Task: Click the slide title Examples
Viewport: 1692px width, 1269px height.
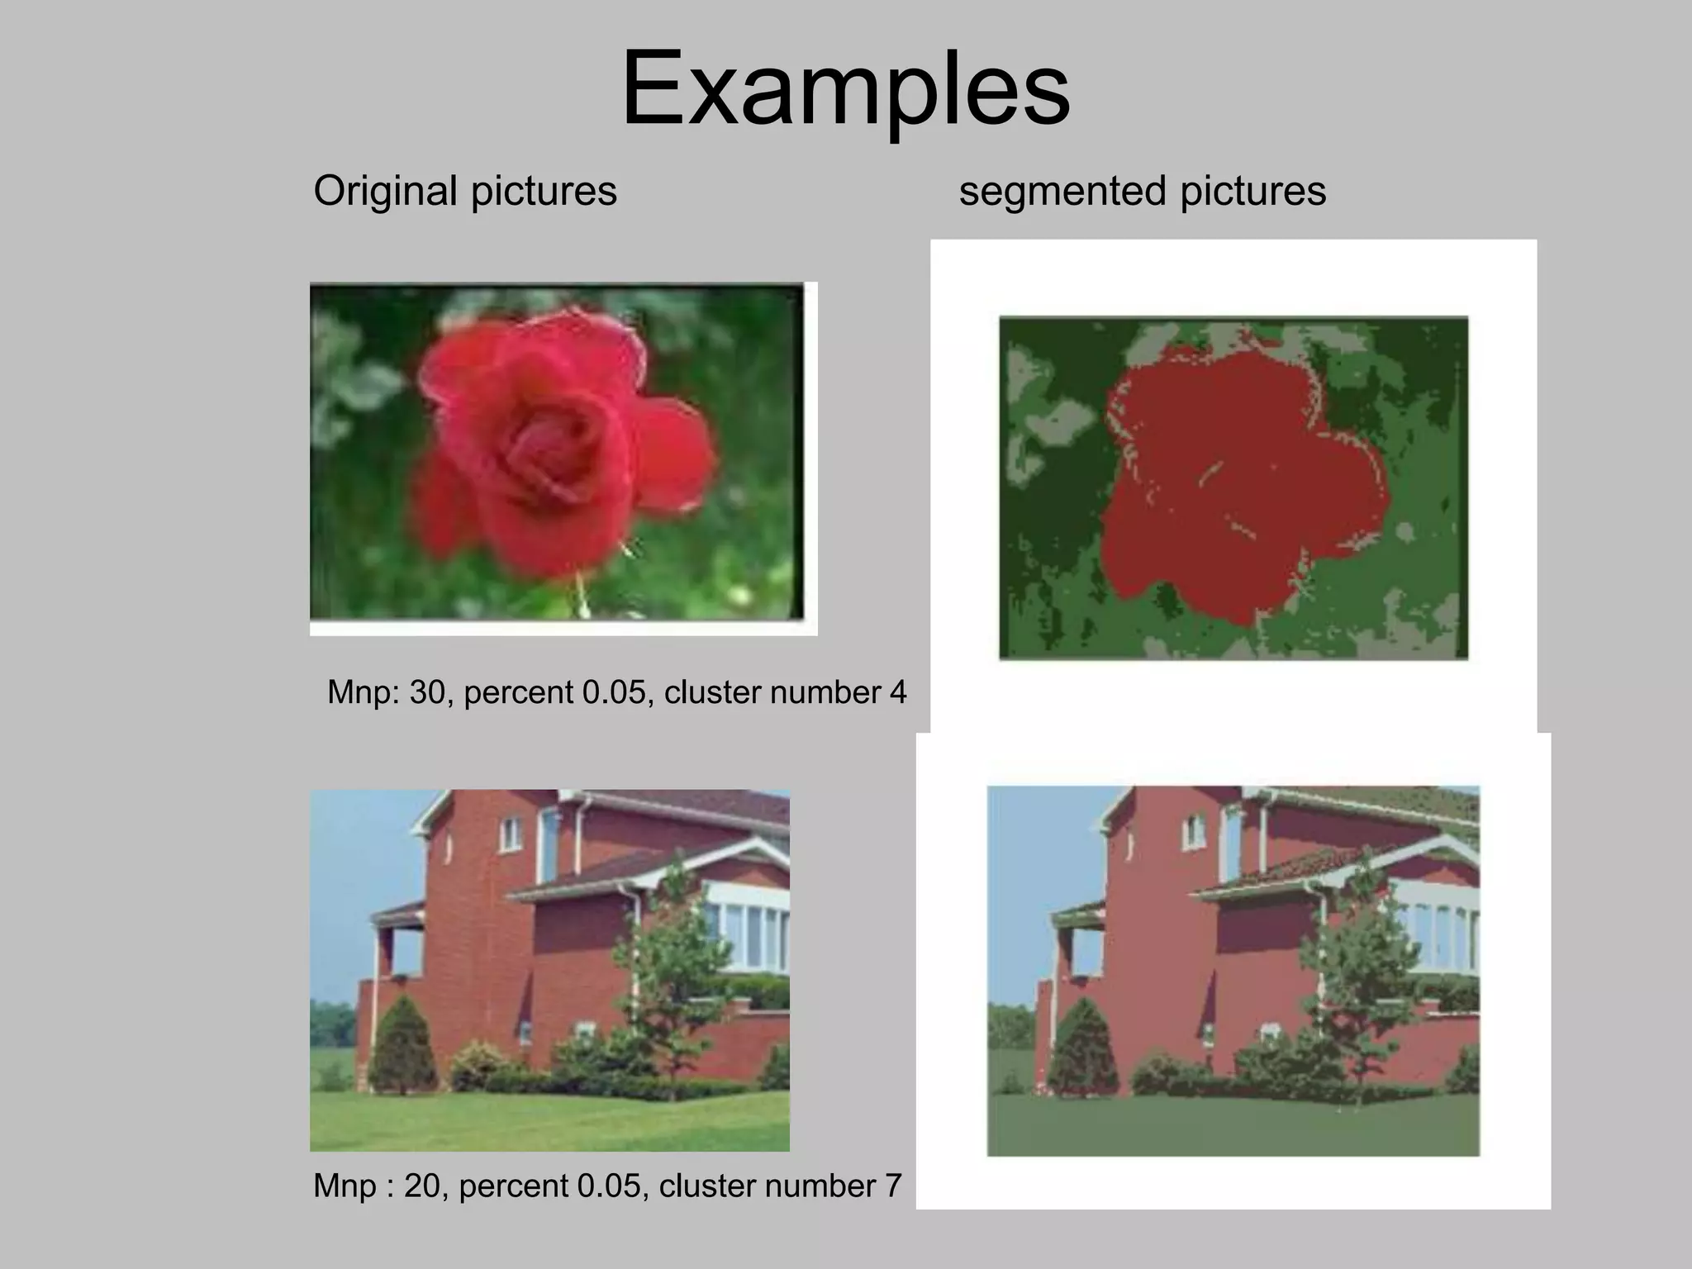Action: (x=845, y=88)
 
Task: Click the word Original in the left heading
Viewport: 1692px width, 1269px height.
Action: (x=385, y=191)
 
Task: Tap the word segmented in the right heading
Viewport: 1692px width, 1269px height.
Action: (x=1062, y=192)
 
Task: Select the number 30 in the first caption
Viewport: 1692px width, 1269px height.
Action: (x=427, y=692)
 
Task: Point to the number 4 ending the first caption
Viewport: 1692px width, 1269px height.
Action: (x=898, y=692)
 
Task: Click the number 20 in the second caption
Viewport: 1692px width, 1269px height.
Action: (x=421, y=1186)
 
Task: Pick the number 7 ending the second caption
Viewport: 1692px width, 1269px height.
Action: (x=892, y=1186)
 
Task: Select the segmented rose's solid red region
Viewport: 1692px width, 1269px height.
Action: (x=1239, y=479)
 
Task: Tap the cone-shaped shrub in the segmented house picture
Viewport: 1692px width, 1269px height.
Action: (x=1083, y=1049)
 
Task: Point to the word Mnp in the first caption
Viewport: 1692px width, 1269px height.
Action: (x=362, y=692)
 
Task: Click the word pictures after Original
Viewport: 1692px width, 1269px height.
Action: (x=544, y=191)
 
